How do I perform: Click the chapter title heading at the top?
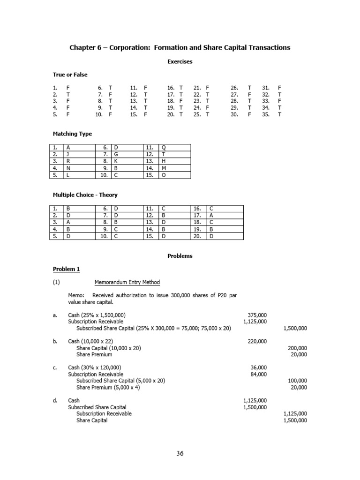click(x=180, y=47)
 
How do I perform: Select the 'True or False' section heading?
click(x=70, y=75)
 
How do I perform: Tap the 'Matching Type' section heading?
click(x=72, y=134)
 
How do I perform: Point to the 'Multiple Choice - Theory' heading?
click(x=84, y=195)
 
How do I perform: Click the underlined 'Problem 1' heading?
click(x=66, y=269)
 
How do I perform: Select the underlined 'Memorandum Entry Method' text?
click(x=127, y=282)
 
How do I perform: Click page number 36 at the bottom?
click(x=180, y=453)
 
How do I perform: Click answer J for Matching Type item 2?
click(x=68, y=154)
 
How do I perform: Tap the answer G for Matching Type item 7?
click(x=116, y=154)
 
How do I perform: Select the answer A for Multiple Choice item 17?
click(x=211, y=215)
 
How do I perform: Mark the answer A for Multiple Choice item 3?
click(x=68, y=222)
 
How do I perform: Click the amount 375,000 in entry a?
click(x=257, y=315)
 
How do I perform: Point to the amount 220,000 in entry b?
click(x=257, y=341)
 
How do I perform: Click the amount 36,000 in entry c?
click(x=259, y=367)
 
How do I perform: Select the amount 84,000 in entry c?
click(x=259, y=374)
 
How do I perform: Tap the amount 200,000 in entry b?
click(x=297, y=348)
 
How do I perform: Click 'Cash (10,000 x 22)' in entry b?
click(x=90, y=341)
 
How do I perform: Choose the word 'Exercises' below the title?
click(x=180, y=61)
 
